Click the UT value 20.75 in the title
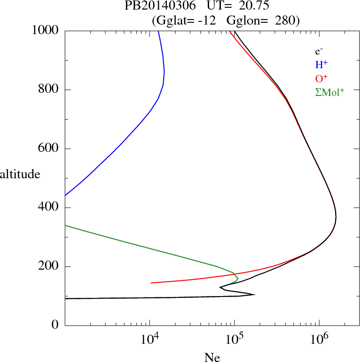247,7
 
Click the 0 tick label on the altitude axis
55,326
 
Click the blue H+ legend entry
321,65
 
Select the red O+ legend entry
321,79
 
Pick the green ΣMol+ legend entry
330,92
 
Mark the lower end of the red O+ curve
151,283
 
